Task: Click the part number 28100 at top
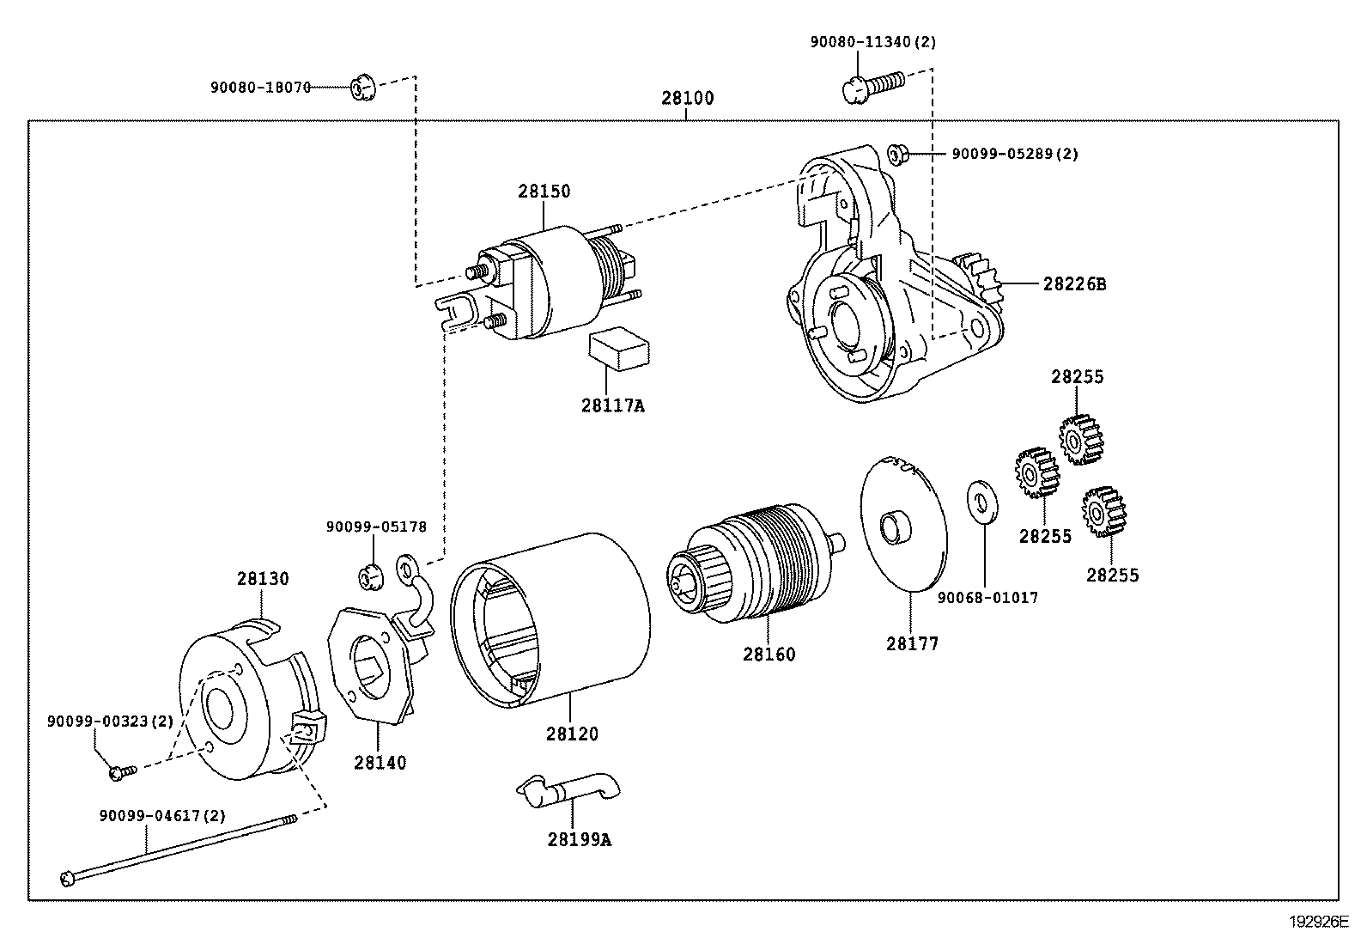687,98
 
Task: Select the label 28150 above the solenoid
544,191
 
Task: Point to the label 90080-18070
260,87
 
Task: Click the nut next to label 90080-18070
361,87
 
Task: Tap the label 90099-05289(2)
1014,154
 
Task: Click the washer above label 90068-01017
981,502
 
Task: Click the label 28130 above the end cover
263,578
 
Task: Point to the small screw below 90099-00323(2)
118,772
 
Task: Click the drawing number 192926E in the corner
1320,923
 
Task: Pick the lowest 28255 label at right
1112,575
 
